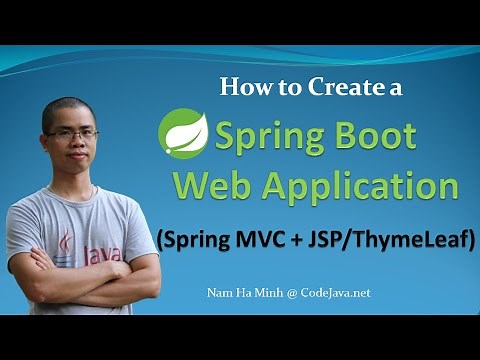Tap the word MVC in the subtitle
266,239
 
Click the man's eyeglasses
71,134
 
